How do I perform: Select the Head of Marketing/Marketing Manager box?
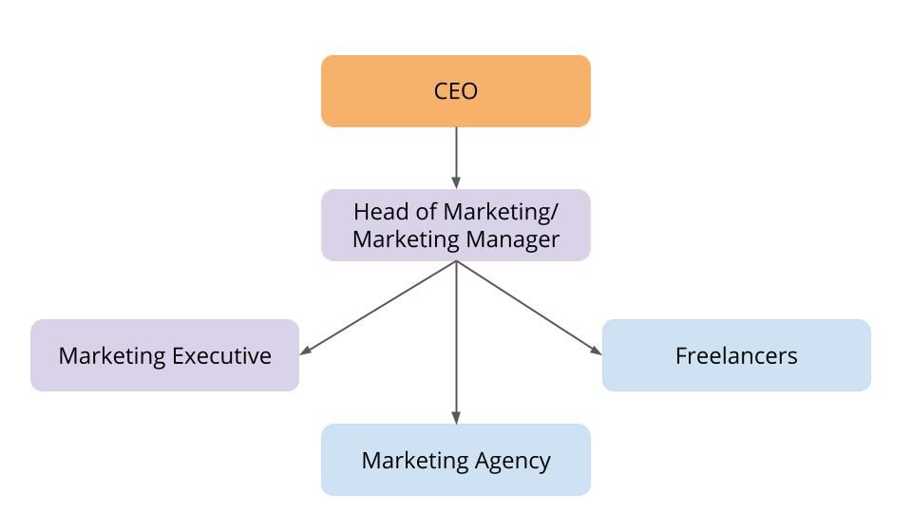point(456,225)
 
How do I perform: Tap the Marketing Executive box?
point(164,355)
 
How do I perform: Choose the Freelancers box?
point(736,355)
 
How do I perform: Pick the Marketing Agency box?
point(456,460)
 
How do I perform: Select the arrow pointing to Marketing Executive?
point(380,307)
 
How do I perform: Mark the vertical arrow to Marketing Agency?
point(456,342)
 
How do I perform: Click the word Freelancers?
point(736,355)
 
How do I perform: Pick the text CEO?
point(456,91)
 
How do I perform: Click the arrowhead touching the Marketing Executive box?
point(306,351)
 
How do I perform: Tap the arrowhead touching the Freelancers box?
point(596,350)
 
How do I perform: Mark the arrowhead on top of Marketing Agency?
point(456,417)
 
